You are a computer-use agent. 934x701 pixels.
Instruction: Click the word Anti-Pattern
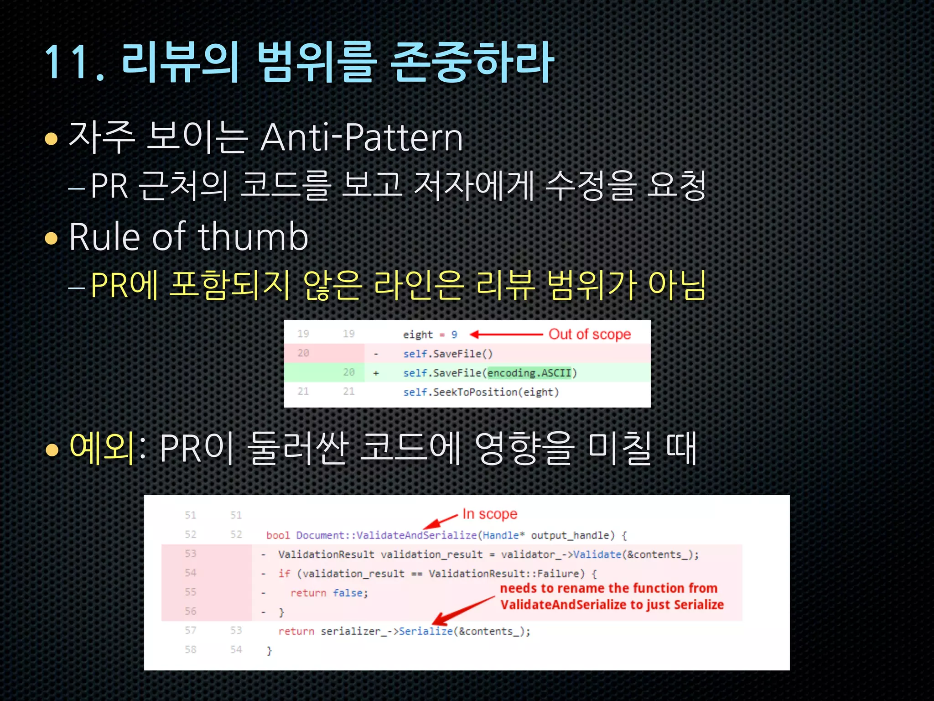[x=362, y=137]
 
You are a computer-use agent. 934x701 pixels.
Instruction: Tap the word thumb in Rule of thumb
[x=253, y=237]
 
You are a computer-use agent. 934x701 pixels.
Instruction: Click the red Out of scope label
[x=589, y=334]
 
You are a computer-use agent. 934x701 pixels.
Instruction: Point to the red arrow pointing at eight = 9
[x=506, y=335]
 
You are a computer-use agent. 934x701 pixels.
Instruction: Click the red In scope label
[x=490, y=514]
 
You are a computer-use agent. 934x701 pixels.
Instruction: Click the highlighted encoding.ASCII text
[x=529, y=373]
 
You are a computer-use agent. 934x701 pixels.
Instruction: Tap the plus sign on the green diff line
[x=376, y=373]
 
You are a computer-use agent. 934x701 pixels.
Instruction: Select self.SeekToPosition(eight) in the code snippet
[x=481, y=392]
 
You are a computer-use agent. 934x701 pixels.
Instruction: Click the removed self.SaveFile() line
[x=448, y=354]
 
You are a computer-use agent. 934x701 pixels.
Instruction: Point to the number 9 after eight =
[x=454, y=335]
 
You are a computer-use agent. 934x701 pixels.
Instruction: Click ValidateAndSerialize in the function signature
[x=417, y=535]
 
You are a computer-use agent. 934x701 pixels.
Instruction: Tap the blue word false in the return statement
[x=348, y=593]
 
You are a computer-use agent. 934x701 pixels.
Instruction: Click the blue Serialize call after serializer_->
[x=425, y=631]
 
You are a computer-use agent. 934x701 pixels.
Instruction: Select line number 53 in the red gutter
[x=190, y=554]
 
